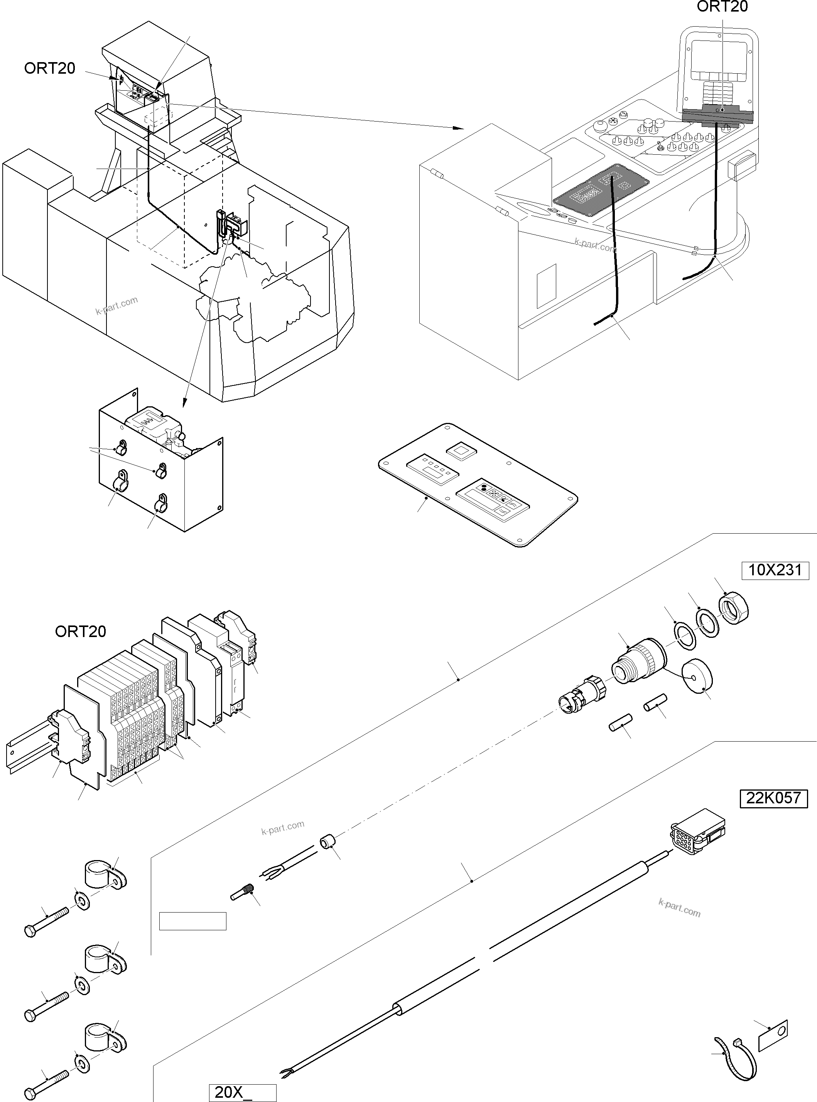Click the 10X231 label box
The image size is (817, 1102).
[x=775, y=570]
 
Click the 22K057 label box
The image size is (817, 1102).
[x=773, y=798]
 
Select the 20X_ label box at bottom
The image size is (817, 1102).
[x=242, y=1093]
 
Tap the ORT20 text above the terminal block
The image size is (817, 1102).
[x=81, y=632]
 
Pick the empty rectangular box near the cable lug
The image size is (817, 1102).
[x=192, y=921]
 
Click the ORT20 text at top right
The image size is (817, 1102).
[x=722, y=7]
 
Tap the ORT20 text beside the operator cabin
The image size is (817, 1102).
[x=49, y=68]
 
